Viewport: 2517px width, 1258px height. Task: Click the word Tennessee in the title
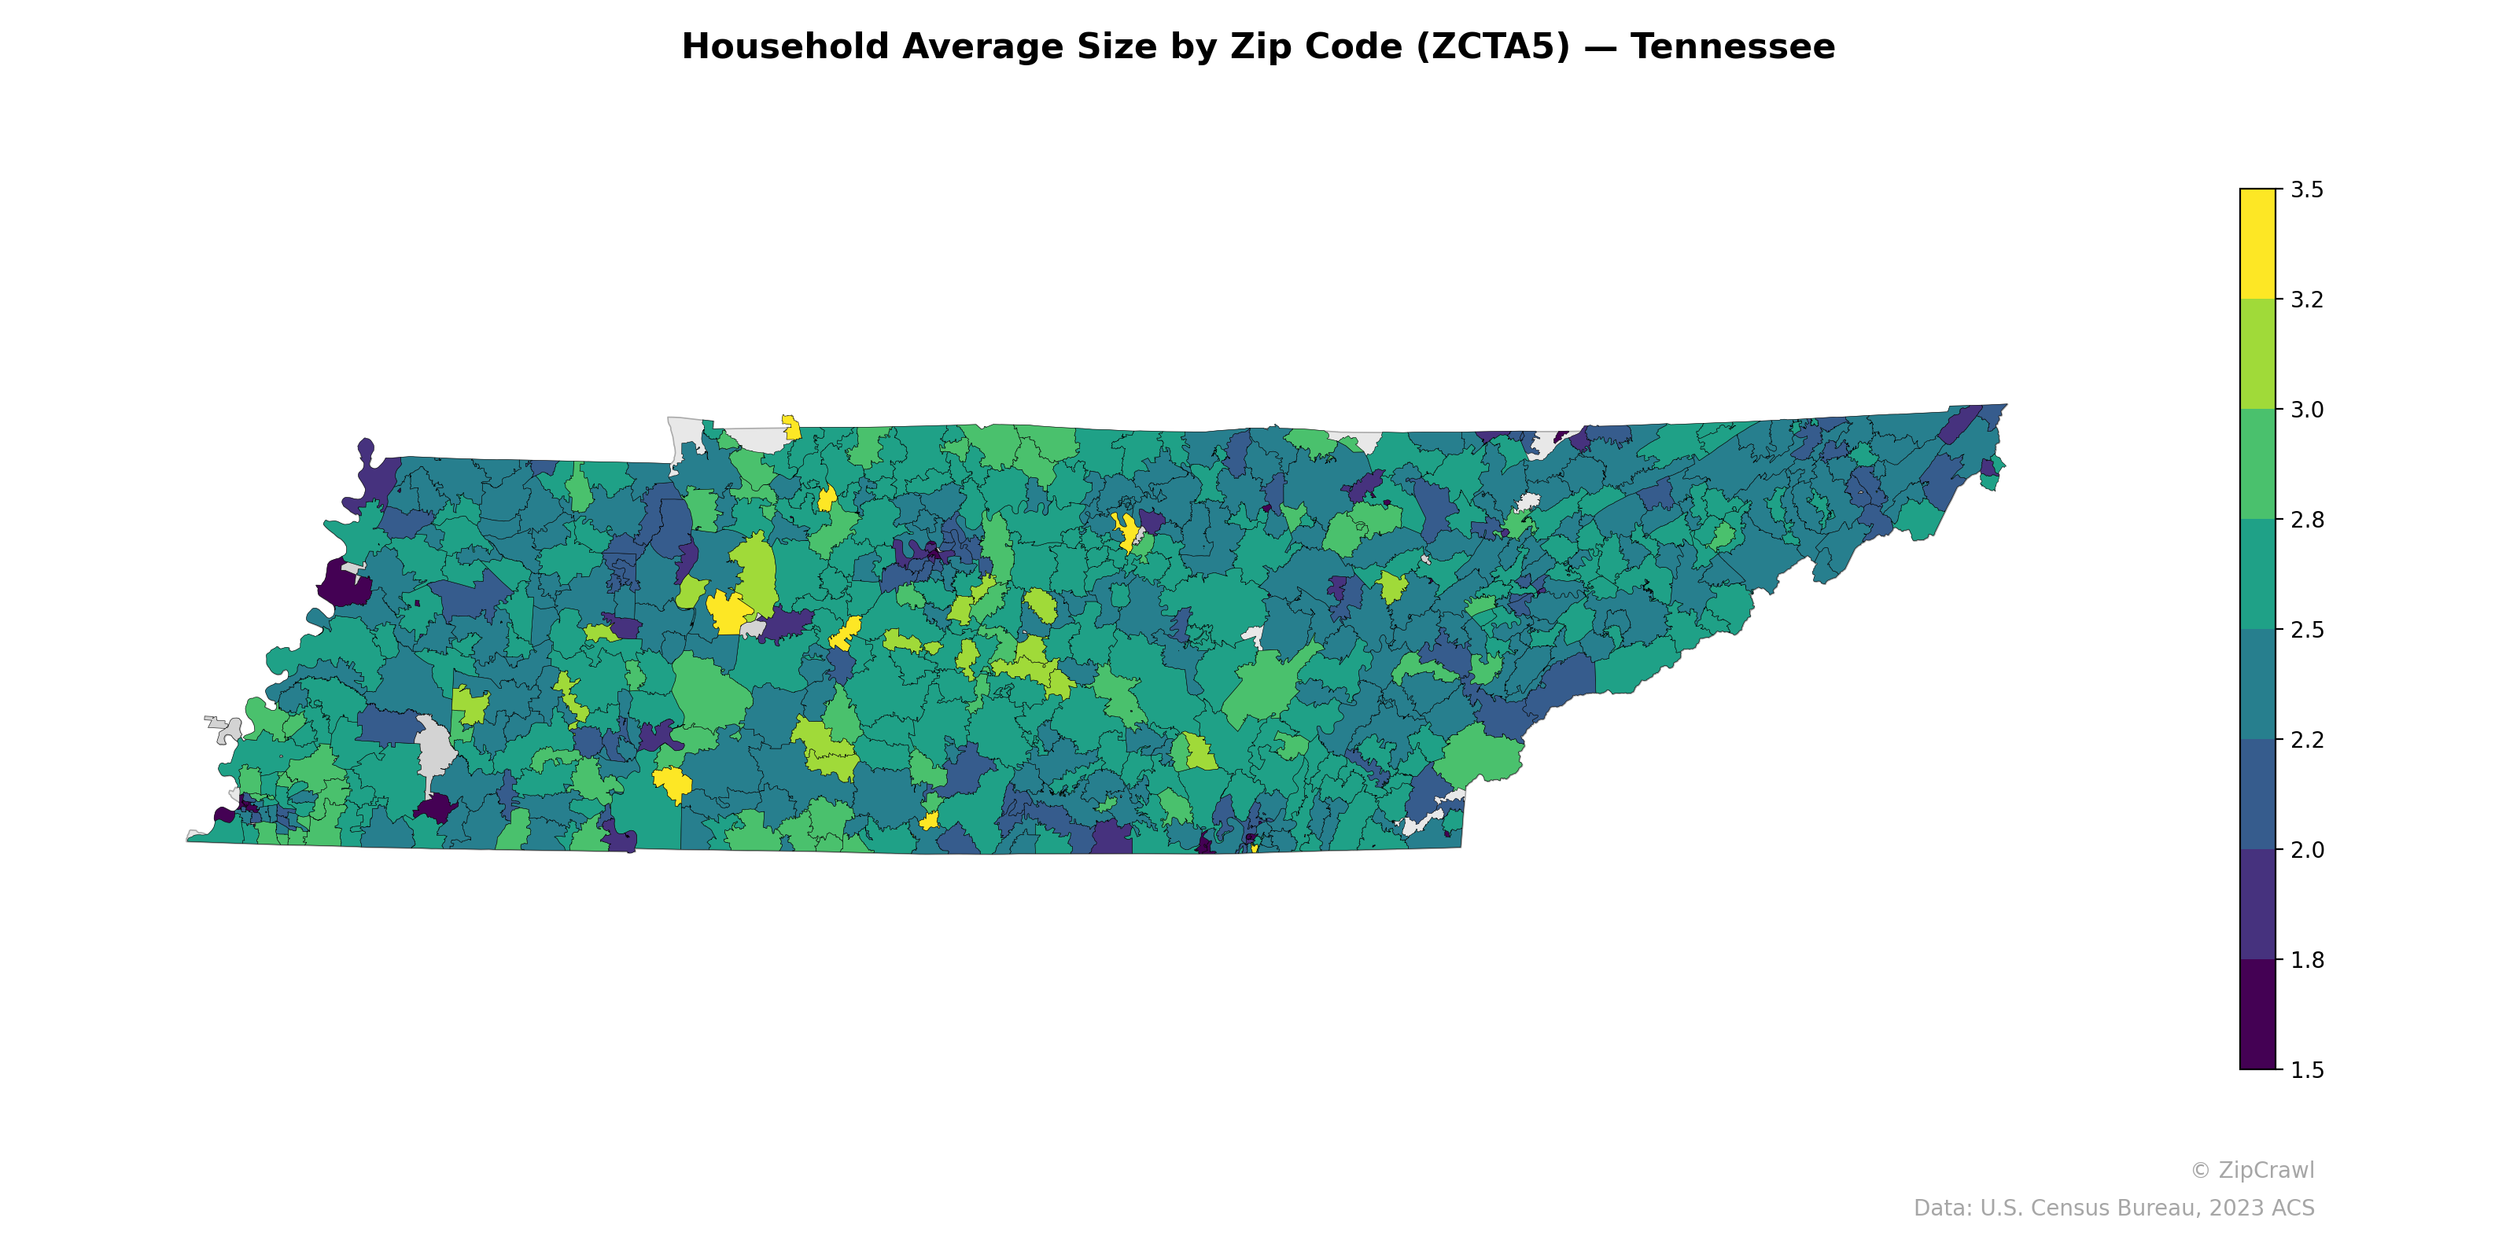pyautogui.click(x=1731, y=47)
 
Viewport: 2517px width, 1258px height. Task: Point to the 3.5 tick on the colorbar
pyautogui.click(x=2306, y=189)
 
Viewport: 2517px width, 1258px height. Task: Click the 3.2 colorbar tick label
pyautogui.click(x=2306, y=300)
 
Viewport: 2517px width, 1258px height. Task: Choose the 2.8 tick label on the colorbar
pyautogui.click(x=2306, y=520)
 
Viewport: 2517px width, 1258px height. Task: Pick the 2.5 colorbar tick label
pyautogui.click(x=2306, y=630)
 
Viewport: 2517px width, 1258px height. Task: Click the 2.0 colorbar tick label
pyautogui.click(x=2306, y=850)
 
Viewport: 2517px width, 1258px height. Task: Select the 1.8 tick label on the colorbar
pyautogui.click(x=2306, y=960)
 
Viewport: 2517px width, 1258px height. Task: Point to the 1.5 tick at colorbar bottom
pyautogui.click(x=2306, y=1070)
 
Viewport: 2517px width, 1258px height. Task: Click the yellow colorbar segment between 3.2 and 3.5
pyautogui.click(x=2257, y=245)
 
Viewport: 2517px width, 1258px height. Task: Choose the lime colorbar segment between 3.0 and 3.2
pyautogui.click(x=2257, y=355)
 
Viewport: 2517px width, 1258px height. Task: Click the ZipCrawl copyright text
pyautogui.click(x=2251, y=1170)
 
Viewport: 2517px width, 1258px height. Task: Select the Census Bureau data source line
pyautogui.click(x=2113, y=1208)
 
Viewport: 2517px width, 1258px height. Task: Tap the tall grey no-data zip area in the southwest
pyautogui.click(x=434, y=747)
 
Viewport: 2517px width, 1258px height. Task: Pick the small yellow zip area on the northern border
pyautogui.click(x=791, y=427)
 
